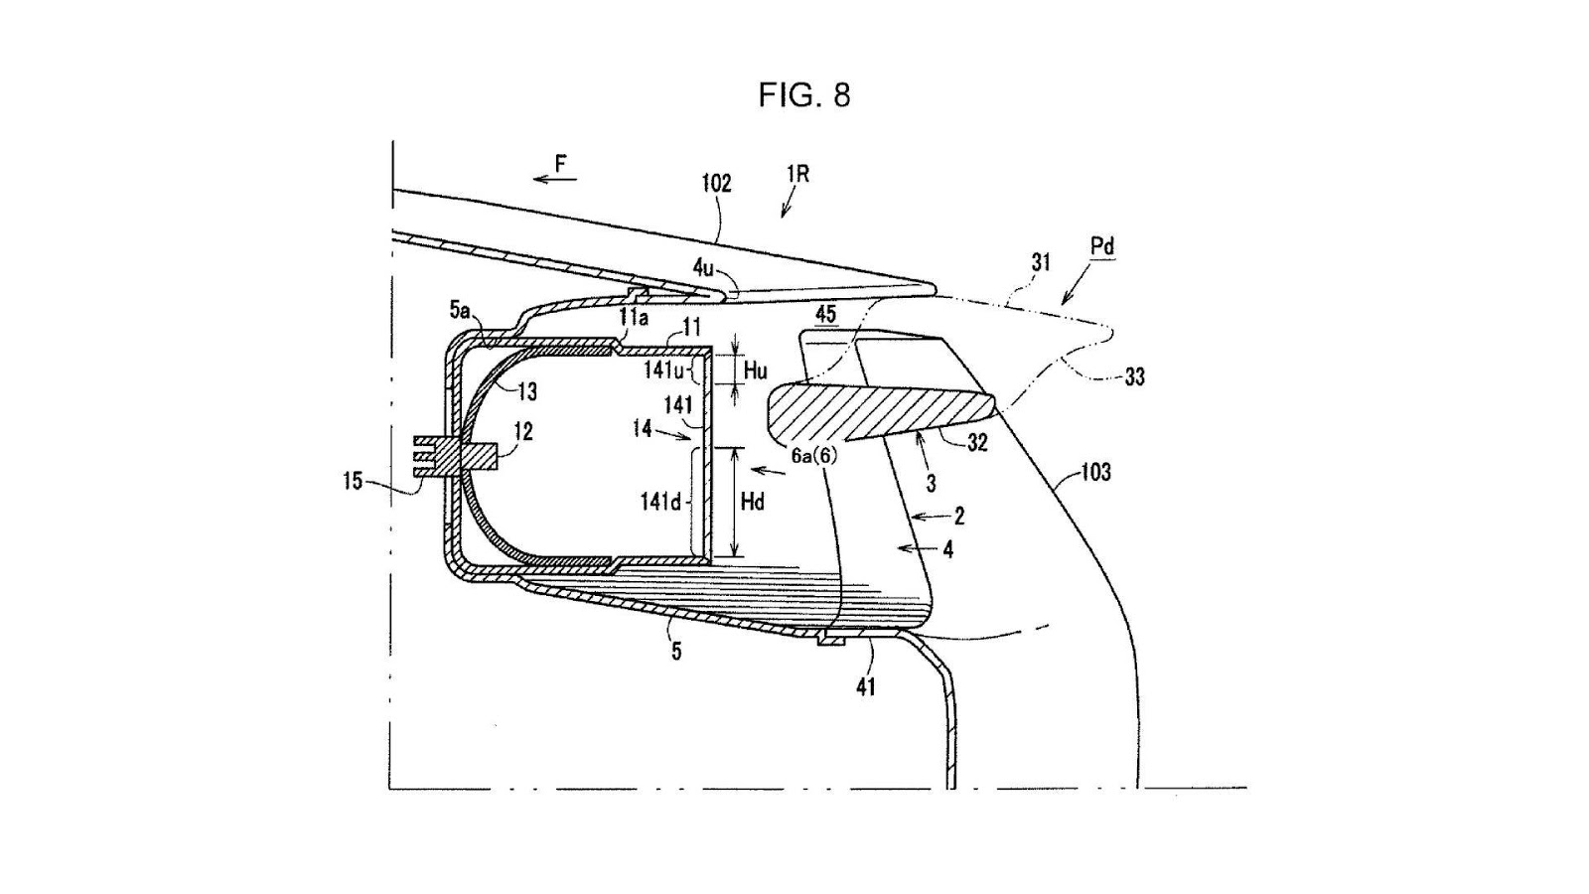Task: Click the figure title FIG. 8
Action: [x=803, y=95]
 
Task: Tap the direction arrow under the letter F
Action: [x=555, y=179]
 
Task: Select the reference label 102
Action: [x=716, y=184]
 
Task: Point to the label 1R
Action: [x=798, y=175]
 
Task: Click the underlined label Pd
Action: [x=1102, y=247]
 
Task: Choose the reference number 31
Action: [x=1041, y=262]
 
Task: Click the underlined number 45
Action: [x=825, y=314]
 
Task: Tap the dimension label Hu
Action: [x=755, y=370]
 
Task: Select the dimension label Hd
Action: [x=753, y=503]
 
